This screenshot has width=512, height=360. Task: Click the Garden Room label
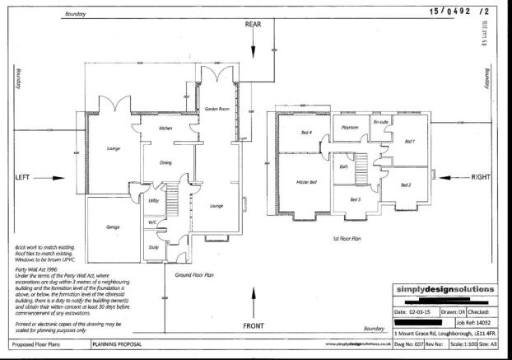coord(216,108)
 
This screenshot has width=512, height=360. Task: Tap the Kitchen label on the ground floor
coord(165,129)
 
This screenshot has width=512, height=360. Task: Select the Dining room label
coord(165,163)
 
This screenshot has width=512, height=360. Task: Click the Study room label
coord(154,246)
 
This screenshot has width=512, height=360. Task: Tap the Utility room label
coord(153,199)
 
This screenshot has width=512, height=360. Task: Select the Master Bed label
coord(307,182)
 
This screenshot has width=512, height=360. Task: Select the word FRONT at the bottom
coord(254,326)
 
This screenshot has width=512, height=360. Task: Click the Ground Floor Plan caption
coord(195,275)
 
